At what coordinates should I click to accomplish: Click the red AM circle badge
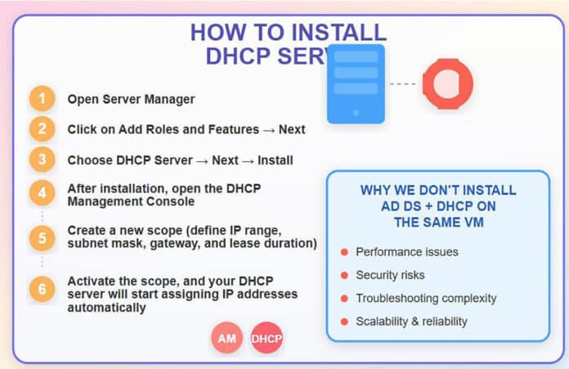click(226, 337)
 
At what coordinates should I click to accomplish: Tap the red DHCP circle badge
click(267, 337)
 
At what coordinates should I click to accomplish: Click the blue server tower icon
click(356, 83)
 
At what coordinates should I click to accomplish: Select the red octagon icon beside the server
click(447, 83)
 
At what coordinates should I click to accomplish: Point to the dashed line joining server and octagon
click(402, 83)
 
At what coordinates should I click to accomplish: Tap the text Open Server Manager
click(131, 100)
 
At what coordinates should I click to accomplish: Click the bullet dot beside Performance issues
click(344, 252)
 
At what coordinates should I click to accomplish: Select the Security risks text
click(390, 275)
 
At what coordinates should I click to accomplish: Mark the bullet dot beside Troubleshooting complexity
click(344, 298)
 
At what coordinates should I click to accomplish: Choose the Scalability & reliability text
click(411, 321)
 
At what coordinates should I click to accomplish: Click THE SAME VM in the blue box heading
click(437, 221)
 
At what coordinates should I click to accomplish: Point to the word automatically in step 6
click(107, 308)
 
